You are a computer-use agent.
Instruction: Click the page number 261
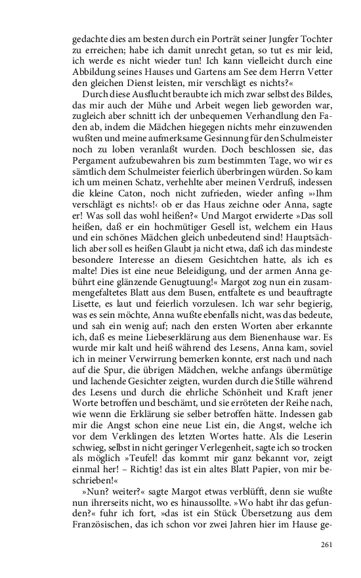(327, 545)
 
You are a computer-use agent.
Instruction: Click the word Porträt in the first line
(219, 39)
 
